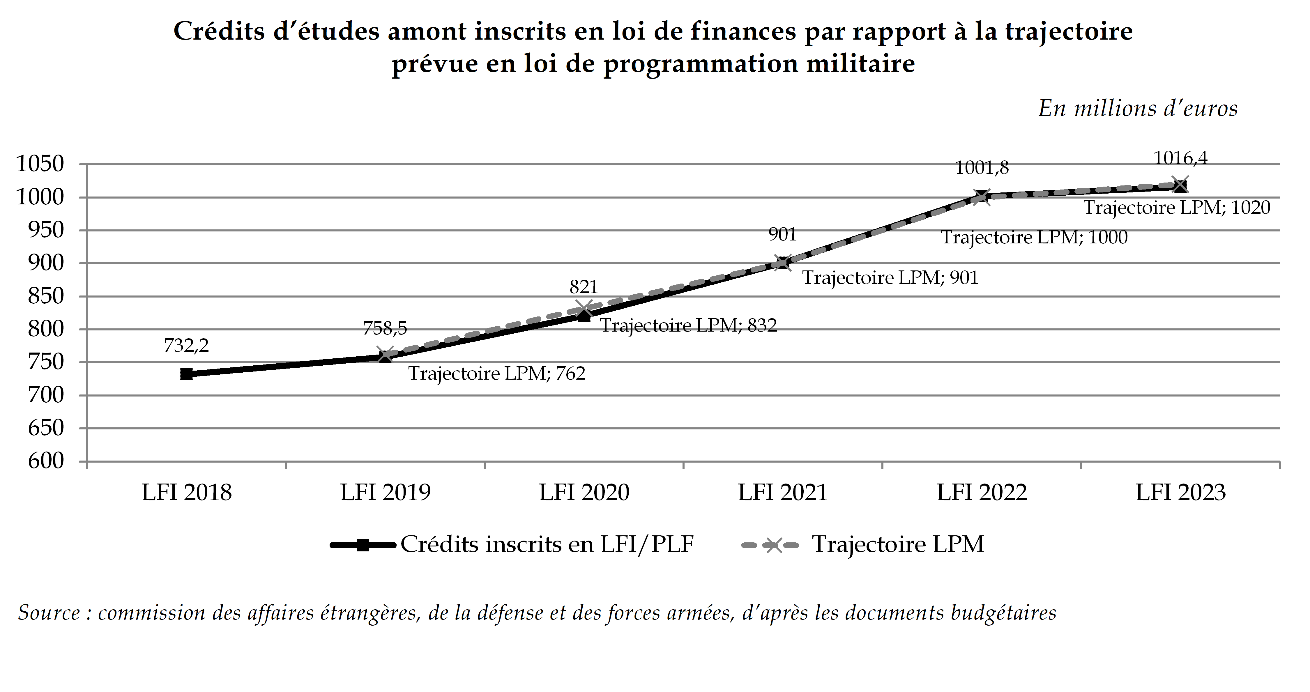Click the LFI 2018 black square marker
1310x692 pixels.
click(x=187, y=374)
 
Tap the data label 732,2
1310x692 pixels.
click(x=186, y=346)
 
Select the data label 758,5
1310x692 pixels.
click(x=385, y=328)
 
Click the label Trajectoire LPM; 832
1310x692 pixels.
click(x=689, y=325)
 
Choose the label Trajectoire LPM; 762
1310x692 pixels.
click(x=497, y=374)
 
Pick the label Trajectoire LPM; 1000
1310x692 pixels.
click(x=1034, y=238)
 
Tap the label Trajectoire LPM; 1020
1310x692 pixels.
click(x=1177, y=208)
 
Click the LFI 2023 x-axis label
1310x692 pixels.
click(x=1180, y=493)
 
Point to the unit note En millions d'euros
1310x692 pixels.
click(x=1138, y=109)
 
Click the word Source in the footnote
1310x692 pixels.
click(x=49, y=613)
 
